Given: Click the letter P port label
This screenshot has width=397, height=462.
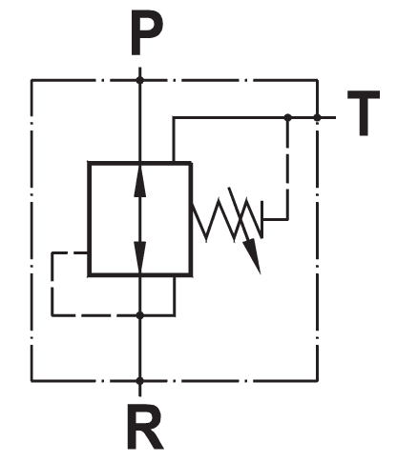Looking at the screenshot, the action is (147, 33).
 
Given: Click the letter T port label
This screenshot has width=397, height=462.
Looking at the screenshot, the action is (364, 113).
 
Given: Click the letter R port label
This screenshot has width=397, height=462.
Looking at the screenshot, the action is (145, 426).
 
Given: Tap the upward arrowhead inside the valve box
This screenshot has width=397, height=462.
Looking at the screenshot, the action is (140, 182).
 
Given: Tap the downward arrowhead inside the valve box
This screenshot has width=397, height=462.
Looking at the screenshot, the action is (140, 256).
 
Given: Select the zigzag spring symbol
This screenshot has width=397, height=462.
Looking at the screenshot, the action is (227, 220).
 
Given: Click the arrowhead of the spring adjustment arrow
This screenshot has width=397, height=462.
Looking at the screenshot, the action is (253, 256).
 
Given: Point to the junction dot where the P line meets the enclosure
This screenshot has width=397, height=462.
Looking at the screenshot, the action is (140, 80).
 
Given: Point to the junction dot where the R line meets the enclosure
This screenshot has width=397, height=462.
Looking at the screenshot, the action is (140, 380).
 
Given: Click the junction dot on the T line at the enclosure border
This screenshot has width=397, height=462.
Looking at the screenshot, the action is (317, 117).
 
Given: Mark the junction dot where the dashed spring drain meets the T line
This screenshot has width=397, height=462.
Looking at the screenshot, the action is (288, 117).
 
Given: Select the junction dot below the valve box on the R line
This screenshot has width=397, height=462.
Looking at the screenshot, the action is (140, 315).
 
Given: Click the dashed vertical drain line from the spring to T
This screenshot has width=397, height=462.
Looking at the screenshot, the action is (288, 169).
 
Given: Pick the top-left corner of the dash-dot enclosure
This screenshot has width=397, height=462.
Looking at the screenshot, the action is (31, 80).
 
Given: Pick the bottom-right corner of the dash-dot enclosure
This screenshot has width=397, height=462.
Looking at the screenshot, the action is (317, 380).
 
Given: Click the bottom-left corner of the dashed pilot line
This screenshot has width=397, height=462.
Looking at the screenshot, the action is (52, 315).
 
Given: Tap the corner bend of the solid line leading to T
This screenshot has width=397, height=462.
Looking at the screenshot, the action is (174, 117).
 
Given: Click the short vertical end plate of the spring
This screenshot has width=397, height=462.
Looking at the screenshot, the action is (261, 219).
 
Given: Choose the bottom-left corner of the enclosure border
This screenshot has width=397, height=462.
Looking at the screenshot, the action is (31, 380).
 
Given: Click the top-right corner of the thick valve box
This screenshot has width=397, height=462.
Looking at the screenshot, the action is (191, 163).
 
